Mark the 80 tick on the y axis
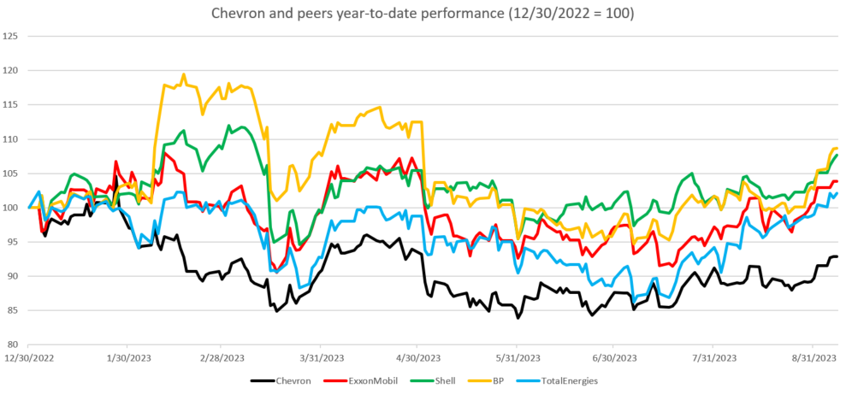coord(13,344)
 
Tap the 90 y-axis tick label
coord(13,276)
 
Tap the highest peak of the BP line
coord(184,74)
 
